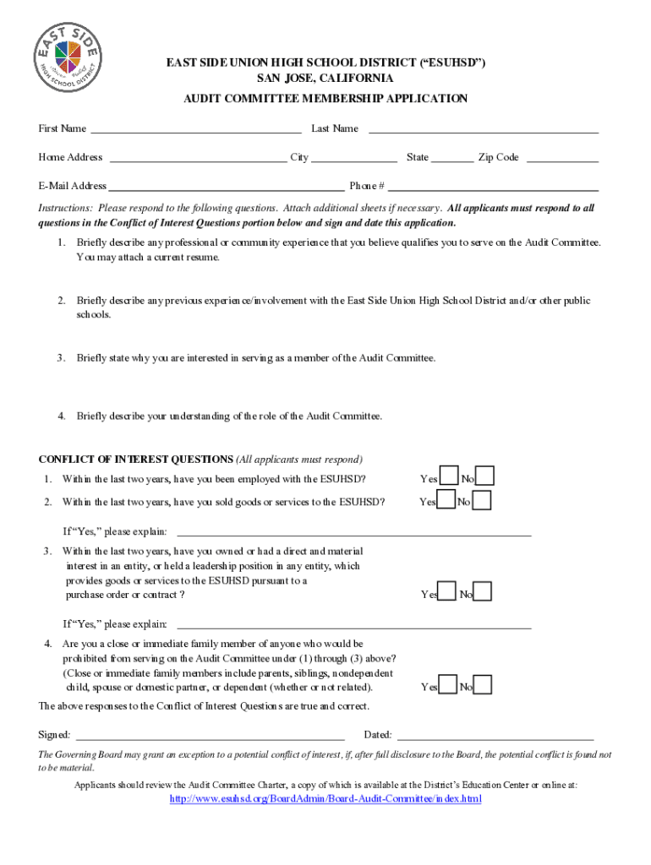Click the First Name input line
[195, 130]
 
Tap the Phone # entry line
[493, 188]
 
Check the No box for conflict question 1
[484, 477]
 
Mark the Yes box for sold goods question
[446, 501]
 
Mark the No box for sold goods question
[481, 501]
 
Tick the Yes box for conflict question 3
[447, 593]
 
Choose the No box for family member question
[482, 685]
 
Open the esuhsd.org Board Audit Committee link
[325, 799]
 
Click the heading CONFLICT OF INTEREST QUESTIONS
[136, 460]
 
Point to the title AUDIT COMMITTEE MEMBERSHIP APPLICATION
[325, 99]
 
